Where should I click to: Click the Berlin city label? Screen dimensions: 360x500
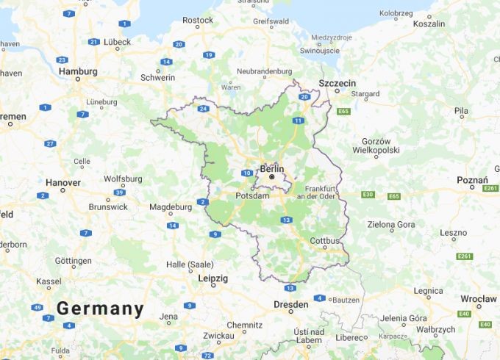[271, 168]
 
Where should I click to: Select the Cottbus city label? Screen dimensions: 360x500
[325, 240]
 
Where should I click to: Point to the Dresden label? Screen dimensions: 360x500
[290, 304]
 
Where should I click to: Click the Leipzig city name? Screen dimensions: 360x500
[213, 278]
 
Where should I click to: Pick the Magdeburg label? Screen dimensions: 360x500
[170, 207]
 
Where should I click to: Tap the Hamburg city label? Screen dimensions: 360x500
[77, 71]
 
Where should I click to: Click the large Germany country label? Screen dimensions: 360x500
[100, 309]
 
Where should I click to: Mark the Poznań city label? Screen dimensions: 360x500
[472, 179]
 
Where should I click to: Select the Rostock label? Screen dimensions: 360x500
[198, 21]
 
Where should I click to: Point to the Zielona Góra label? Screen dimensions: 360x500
[391, 224]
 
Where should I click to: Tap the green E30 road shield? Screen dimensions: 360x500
[368, 195]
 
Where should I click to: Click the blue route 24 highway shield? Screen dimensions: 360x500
[203, 109]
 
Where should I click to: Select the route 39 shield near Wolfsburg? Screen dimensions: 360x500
[119, 192]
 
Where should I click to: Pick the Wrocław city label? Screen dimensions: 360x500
[479, 299]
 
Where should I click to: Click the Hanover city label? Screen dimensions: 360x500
[63, 182]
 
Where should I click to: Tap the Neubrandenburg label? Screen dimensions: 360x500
[265, 72]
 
